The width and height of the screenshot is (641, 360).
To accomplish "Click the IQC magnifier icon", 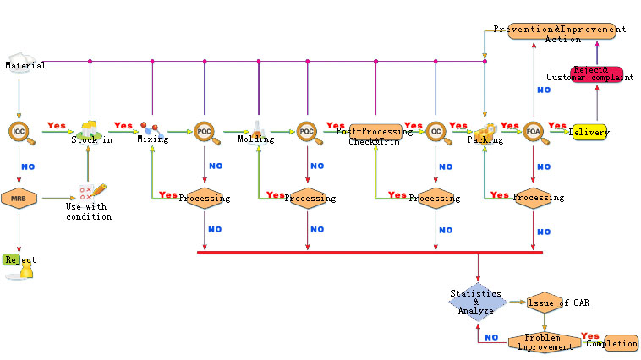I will tap(19, 131).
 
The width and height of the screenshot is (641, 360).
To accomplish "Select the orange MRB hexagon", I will tap(18, 199).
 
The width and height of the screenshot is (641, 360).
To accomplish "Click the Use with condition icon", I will tap(90, 193).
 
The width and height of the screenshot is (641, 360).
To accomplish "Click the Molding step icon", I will tap(256, 130).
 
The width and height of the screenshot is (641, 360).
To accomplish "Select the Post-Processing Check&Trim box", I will tap(375, 132).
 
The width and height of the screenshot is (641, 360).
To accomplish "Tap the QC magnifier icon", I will tap(436, 131).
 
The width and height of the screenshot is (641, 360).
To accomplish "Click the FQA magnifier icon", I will tap(533, 131).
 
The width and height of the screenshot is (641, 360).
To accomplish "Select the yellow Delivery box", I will tap(589, 132).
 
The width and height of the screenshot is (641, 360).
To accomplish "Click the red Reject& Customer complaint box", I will tap(597, 74).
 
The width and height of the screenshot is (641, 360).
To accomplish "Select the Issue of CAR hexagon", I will tap(545, 302).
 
